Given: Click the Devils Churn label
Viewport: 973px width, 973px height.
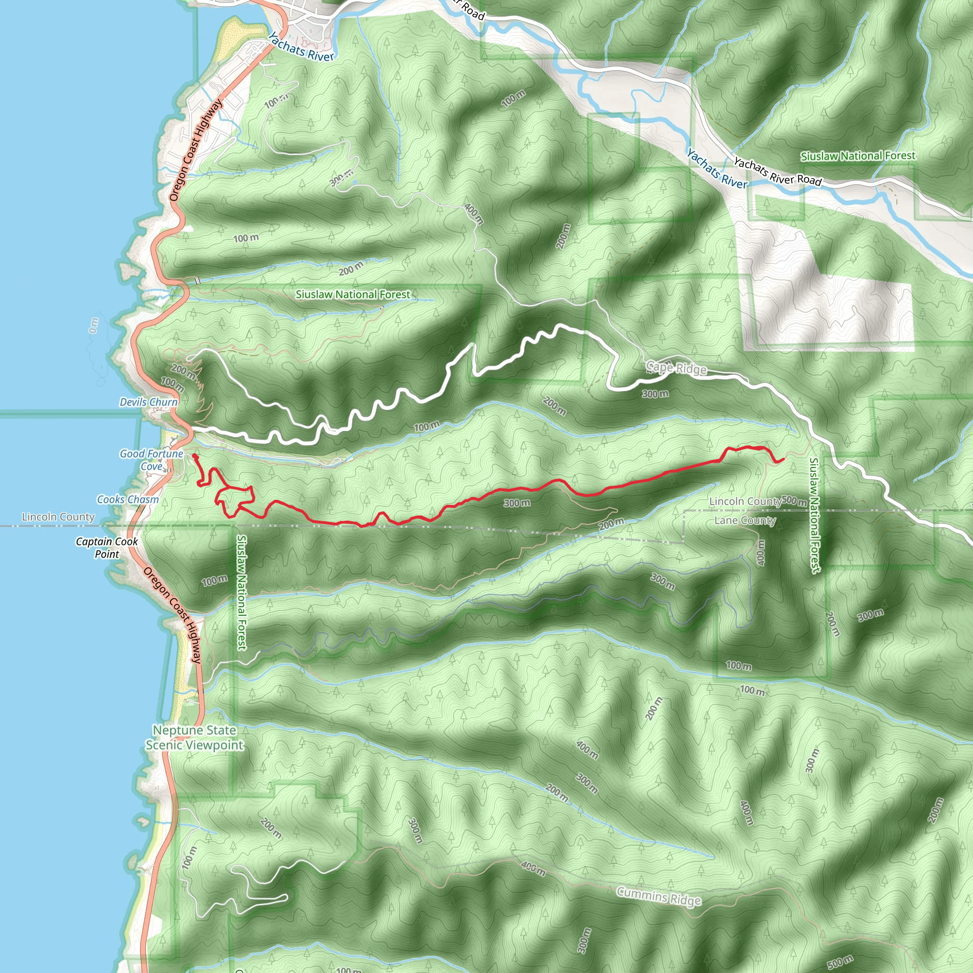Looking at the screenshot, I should [x=149, y=402].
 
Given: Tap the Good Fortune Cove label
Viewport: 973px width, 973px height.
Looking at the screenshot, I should [x=151, y=460].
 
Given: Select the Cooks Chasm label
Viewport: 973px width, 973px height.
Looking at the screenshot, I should [x=128, y=500].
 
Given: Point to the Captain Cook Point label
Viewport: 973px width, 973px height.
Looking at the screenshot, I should [x=107, y=547].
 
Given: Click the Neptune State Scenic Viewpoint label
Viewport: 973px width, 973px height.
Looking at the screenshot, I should [x=194, y=737].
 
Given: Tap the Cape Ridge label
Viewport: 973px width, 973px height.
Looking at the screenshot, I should [x=677, y=368].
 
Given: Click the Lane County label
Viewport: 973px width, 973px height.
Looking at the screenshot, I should [x=745, y=520].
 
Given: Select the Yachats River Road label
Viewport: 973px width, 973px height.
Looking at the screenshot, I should [x=778, y=171].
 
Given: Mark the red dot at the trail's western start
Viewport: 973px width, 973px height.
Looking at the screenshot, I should [x=194, y=456].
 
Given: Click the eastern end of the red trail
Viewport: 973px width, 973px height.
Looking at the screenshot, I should [x=783, y=459].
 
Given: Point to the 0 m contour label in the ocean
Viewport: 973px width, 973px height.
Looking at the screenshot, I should [x=94, y=325].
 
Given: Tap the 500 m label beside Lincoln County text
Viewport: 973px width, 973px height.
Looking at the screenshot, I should [x=795, y=501].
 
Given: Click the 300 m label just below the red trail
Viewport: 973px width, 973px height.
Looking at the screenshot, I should [x=517, y=503].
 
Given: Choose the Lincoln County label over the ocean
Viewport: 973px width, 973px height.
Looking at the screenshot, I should [x=58, y=517].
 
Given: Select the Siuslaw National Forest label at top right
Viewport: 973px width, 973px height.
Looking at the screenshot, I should [x=858, y=156].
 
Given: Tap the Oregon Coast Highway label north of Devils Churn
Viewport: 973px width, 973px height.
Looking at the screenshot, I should [x=195, y=151].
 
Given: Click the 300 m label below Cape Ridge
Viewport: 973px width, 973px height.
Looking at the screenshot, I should [x=655, y=394].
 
